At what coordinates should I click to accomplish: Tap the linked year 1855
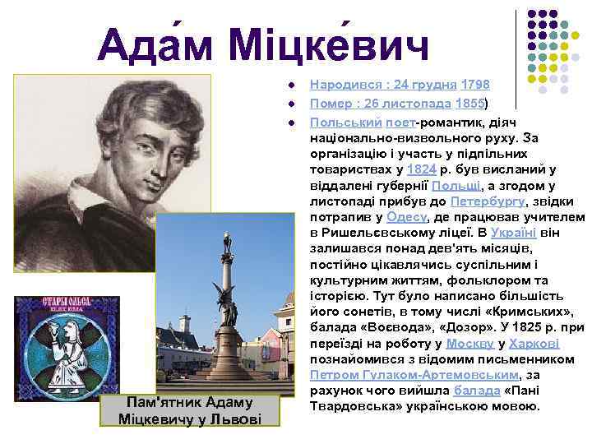click(x=469, y=103)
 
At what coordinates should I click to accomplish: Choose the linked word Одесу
click(x=406, y=216)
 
